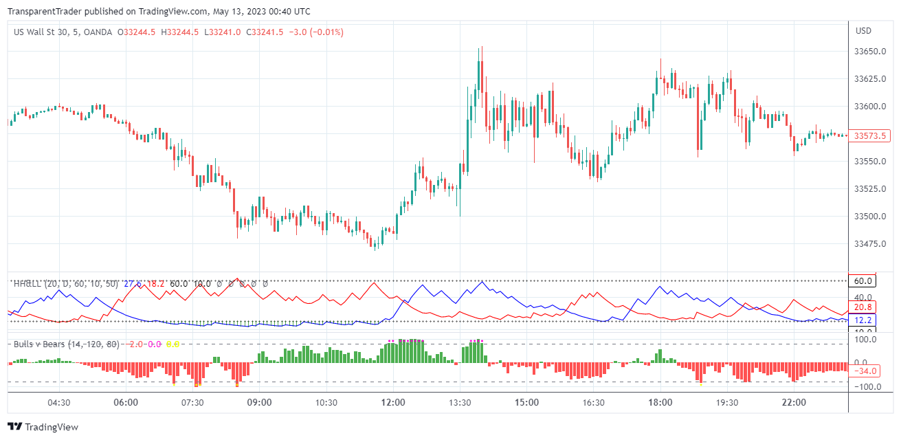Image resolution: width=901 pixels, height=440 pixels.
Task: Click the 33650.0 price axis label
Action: pos(869,52)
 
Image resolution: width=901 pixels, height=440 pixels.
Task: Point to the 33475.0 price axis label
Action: pos(869,244)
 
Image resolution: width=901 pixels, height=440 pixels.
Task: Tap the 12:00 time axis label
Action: pos(393,402)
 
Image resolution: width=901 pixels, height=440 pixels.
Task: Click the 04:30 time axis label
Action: pos(59,402)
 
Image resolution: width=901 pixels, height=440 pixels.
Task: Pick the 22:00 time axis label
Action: pos(794,402)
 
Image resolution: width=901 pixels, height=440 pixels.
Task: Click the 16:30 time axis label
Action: pos(593,402)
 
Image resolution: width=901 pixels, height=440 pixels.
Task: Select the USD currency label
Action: pos(863,31)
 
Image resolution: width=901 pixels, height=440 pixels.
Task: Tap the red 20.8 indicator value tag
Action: pos(864,307)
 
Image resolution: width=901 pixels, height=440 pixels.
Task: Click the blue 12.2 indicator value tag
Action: pos(864,320)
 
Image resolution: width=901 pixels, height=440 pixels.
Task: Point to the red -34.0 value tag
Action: pos(865,371)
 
